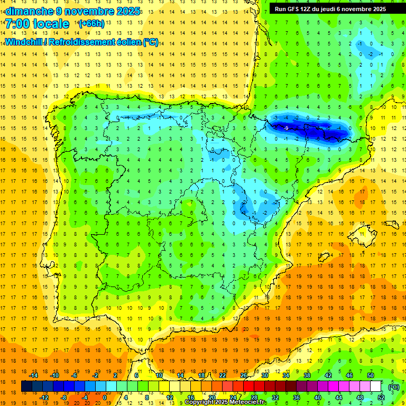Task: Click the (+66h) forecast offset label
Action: (91, 24)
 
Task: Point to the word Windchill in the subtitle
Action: (25, 42)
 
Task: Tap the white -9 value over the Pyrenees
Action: (285, 128)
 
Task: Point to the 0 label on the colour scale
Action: (104, 398)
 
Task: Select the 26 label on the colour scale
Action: (244, 375)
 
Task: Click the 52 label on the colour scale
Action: (381, 398)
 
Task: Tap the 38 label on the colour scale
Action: (307, 375)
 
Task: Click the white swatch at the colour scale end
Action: (375, 386)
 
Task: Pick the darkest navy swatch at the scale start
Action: (26, 386)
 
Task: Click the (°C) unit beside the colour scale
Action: (394, 386)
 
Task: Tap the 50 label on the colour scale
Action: (371, 375)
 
